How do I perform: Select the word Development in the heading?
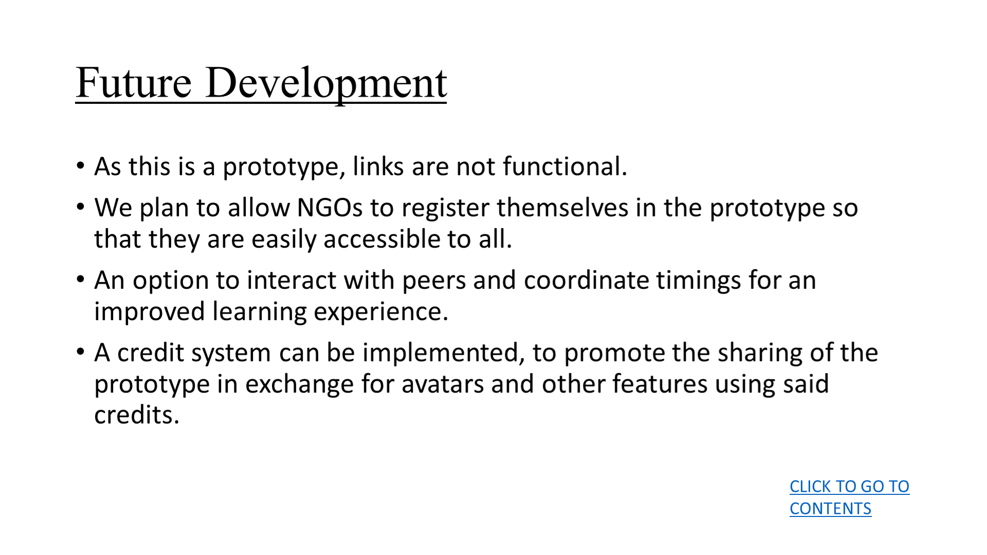(x=326, y=85)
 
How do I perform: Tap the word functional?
(x=565, y=166)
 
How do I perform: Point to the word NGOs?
(x=330, y=208)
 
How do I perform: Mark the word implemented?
(x=444, y=354)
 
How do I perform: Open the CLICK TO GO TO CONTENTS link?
(x=849, y=497)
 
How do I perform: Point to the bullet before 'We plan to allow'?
(x=80, y=207)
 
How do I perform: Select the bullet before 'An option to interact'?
(x=80, y=280)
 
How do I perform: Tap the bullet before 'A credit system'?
(x=80, y=352)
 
